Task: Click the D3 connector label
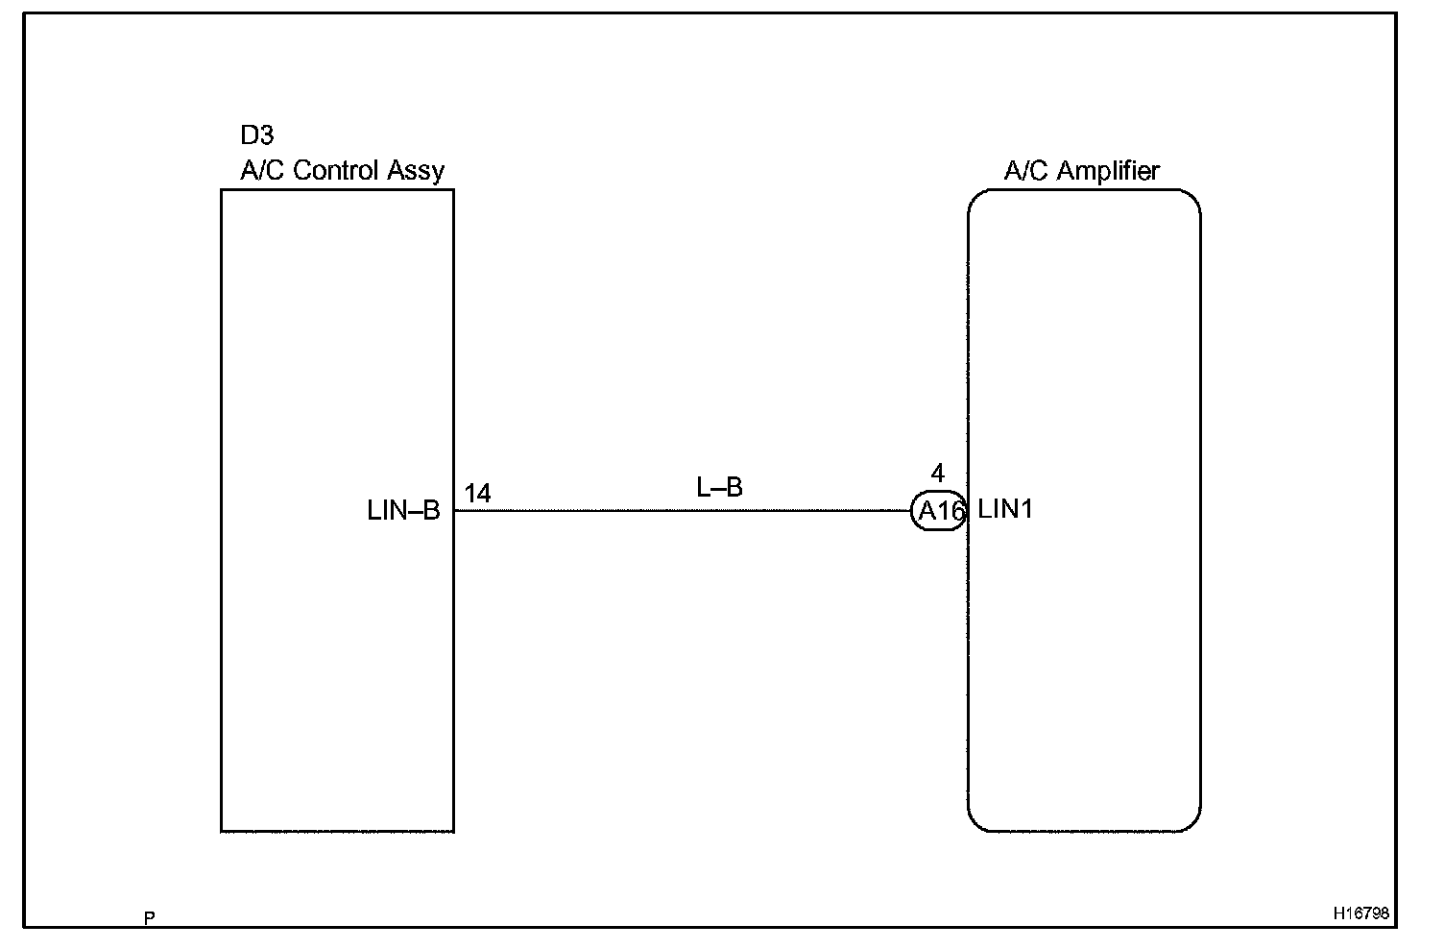(256, 135)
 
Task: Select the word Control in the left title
(335, 171)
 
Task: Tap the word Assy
(416, 172)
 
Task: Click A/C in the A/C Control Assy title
(262, 171)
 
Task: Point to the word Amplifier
(1109, 171)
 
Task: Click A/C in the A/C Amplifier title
(1026, 171)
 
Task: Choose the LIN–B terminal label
(403, 511)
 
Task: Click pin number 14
(477, 494)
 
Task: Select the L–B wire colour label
(719, 488)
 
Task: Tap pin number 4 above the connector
(938, 474)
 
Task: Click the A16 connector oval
(939, 512)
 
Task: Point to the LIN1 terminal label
(1005, 509)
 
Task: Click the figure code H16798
(1360, 913)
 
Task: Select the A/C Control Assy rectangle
(337, 672)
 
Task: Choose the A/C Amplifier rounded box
(1084, 672)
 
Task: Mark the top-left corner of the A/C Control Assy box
(222, 190)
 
